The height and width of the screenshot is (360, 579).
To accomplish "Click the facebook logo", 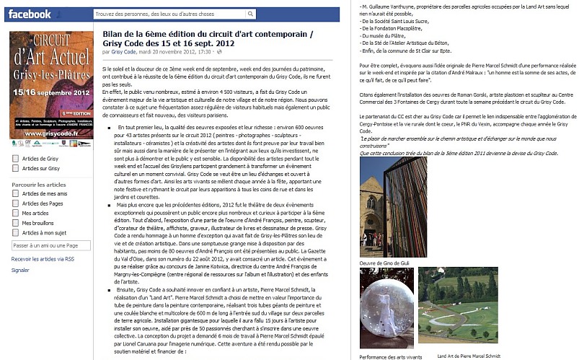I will point(30,14).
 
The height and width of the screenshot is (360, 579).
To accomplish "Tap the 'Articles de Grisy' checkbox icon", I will point(15,158).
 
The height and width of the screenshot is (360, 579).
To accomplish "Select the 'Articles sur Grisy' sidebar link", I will point(40,168).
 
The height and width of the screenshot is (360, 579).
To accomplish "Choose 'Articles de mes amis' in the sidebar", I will point(44,193).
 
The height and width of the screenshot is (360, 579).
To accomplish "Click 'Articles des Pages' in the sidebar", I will point(43,203).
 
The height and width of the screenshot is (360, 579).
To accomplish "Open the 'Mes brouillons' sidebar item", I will point(40,224).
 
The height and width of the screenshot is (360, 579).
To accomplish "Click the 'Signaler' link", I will point(20,270).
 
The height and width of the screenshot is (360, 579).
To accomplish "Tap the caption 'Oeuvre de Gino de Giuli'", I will point(388,263).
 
